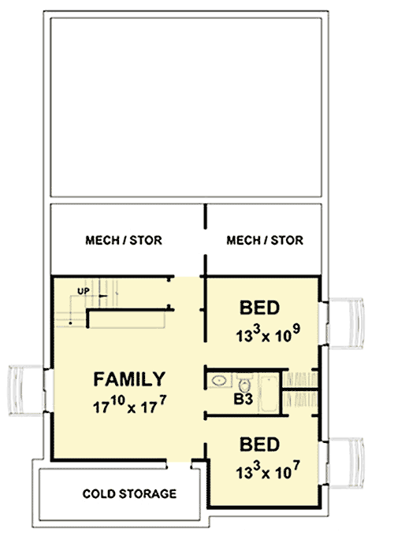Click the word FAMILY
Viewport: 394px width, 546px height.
130,378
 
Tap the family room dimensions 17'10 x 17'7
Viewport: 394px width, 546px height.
130,407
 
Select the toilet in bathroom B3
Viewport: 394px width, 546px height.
245,385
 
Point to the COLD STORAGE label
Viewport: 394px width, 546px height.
130,494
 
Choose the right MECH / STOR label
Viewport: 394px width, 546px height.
264,240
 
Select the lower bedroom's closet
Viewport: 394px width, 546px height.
300,400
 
